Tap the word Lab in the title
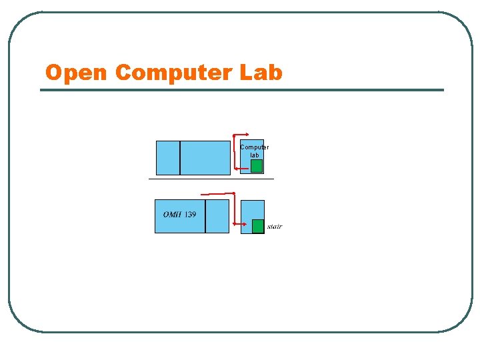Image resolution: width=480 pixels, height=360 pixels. pos(262,72)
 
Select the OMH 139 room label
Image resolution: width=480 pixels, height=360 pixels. pos(179,215)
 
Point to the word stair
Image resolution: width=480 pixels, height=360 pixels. pos(274,227)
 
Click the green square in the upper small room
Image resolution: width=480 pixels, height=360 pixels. pos(257,166)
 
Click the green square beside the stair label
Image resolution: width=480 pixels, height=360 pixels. pos(258,226)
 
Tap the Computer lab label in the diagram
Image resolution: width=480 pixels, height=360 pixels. pos(254,151)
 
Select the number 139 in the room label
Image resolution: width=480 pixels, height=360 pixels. pos(190,215)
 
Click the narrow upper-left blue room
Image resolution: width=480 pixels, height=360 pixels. pos(167,157)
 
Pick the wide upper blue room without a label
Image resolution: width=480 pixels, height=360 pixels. pos(205,157)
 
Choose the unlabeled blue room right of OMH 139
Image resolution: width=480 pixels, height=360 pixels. pos(217,216)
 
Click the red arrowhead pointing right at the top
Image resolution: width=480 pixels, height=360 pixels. pos(247,135)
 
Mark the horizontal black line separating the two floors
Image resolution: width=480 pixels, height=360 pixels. pos(211,179)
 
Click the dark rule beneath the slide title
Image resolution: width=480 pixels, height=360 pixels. pos(241,90)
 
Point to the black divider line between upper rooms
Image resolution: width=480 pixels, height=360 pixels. pos(180,157)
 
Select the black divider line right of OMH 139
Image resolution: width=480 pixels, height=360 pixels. pos(205,216)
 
